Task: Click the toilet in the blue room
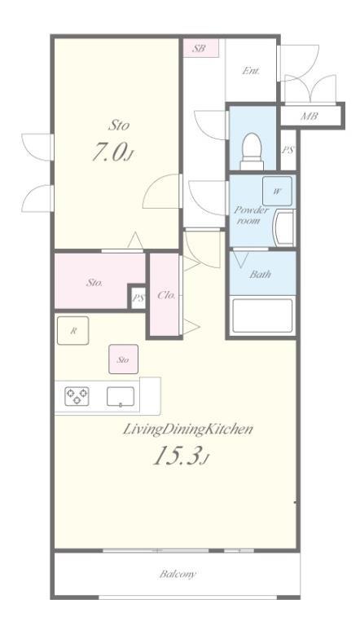(252, 152)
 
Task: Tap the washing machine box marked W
(277, 191)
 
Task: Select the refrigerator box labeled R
(72, 330)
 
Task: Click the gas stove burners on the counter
(77, 396)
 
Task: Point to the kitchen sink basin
(120, 396)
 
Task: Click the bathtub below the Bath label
(262, 315)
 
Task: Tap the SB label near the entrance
(199, 49)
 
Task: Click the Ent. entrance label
(251, 71)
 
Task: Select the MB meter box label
(310, 117)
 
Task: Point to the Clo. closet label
(166, 295)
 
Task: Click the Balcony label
(178, 574)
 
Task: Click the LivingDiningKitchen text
(187, 430)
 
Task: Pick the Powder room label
(251, 215)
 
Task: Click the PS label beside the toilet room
(288, 150)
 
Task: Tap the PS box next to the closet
(138, 298)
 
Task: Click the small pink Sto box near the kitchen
(123, 359)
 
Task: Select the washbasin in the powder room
(284, 228)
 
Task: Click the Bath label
(260, 274)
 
